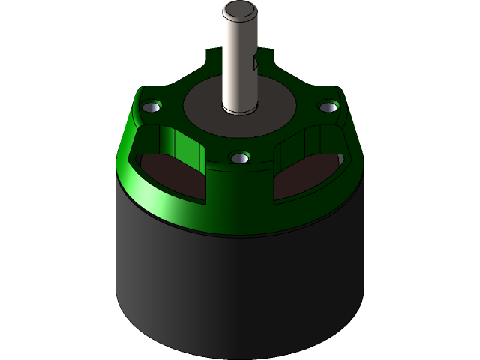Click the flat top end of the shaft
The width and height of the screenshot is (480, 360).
pyautogui.click(x=240, y=10)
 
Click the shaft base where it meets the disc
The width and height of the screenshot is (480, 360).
pyautogui.click(x=240, y=109)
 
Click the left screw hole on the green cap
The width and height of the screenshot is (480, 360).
pyautogui.click(x=153, y=109)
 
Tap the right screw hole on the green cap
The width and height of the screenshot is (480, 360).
pyautogui.click(x=327, y=107)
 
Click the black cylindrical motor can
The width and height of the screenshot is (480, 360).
pyautogui.click(x=240, y=285)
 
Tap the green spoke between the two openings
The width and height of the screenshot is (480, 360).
pyautogui.click(x=240, y=176)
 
